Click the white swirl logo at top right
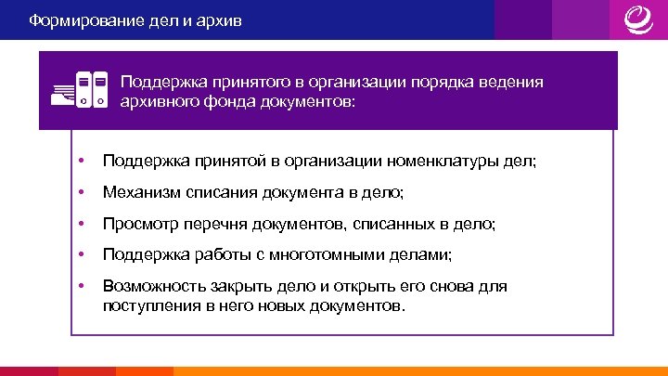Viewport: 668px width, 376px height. click(x=638, y=19)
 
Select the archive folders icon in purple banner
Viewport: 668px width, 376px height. click(x=78, y=88)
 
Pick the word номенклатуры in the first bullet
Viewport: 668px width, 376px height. click(x=446, y=162)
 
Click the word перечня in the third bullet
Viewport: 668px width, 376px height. click(x=206, y=224)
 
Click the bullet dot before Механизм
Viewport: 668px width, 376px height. click(x=83, y=193)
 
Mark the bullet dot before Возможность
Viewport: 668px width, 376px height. click(x=83, y=285)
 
